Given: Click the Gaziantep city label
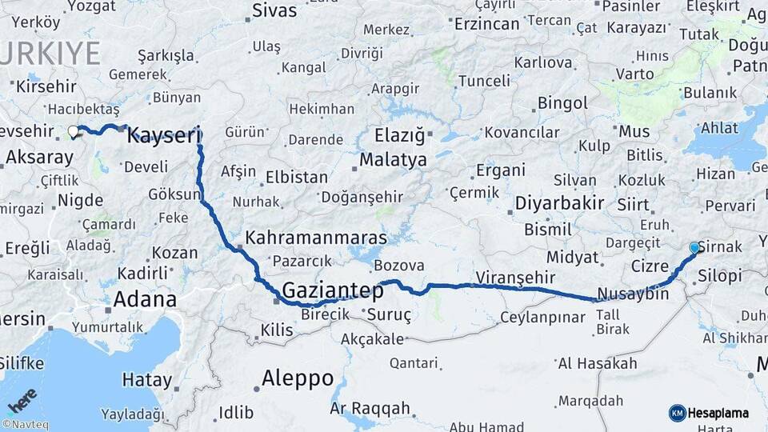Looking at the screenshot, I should pos(333,291).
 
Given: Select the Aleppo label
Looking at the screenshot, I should pos(298,378).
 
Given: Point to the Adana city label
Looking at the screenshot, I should pos(145,300).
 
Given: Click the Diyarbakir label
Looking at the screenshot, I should pos(559,202).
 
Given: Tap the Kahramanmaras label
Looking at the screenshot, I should pos(316,238).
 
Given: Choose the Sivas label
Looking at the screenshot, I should pos(274,11).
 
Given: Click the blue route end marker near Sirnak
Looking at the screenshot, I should pos(694,248).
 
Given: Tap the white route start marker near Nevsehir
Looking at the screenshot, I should pos(73,131).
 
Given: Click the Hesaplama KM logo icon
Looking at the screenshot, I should pos(677,413).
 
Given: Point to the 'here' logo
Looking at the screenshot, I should pos(22,399).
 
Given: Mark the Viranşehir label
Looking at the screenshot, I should pos(515,278).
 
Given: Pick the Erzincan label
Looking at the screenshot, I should pos(487,23).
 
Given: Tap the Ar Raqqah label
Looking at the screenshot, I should pos(370,409).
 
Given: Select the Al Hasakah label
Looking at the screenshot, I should pos(597,364).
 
